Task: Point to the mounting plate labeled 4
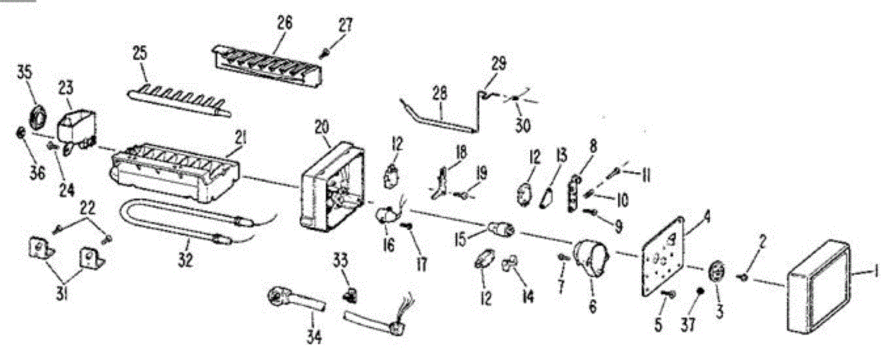(x=664, y=256)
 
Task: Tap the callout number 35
(x=25, y=72)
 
